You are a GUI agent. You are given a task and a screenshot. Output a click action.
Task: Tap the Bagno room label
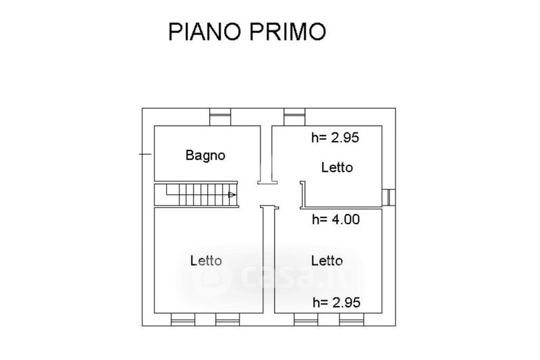point(205,155)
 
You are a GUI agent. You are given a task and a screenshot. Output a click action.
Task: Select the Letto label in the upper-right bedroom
point(337,167)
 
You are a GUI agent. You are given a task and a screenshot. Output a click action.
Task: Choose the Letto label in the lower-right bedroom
point(327,260)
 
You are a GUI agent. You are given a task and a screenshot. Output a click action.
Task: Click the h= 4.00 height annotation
point(335,219)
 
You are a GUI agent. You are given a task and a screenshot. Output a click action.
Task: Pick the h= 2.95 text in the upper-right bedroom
point(335,138)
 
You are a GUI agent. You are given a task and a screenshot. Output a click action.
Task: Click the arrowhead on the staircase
point(232,195)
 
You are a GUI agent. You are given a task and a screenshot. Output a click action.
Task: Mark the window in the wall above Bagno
point(220,118)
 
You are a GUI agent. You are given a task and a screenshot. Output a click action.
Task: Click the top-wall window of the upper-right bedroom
point(294,118)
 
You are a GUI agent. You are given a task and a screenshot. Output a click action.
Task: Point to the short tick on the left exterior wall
point(144,155)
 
